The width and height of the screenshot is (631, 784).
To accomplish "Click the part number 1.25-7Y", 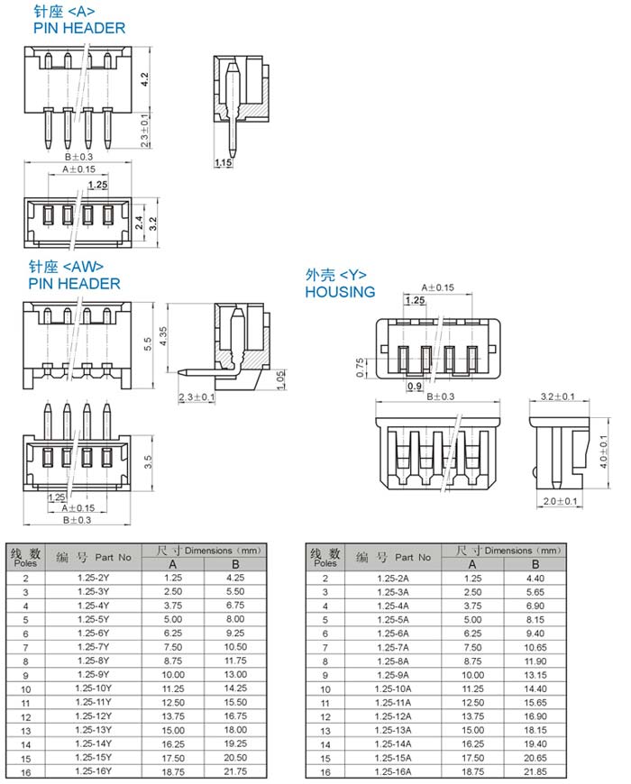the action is coord(94,646).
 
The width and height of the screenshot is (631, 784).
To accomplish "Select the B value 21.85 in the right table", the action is coord(535,771).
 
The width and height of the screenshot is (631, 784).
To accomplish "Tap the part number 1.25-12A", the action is coord(392,716).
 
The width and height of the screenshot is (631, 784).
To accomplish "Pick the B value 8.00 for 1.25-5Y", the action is coord(235,618).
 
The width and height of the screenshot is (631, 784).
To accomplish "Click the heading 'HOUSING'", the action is coord(340,292).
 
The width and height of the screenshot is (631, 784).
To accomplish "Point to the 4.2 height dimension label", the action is coord(144,79).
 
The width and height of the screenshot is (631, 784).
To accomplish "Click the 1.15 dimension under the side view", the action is coord(224,162).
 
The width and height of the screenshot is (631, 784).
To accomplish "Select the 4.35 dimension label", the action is coord(163,336).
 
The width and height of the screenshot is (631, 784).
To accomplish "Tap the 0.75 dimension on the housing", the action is coord(360,368).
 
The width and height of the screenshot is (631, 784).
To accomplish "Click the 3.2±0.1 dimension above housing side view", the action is coord(557,397).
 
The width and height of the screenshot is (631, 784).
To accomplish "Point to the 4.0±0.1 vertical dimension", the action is coord(603,451).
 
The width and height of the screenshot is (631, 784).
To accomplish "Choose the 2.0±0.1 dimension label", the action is coord(560,501).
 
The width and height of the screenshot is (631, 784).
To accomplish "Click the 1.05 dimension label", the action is coord(280,379).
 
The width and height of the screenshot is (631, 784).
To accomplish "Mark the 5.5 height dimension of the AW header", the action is coord(148,344).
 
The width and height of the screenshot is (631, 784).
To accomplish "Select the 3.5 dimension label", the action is coord(148,461).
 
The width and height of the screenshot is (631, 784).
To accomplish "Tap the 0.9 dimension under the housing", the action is coord(415,386).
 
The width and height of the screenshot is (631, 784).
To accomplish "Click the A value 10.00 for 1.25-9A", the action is coord(472,674).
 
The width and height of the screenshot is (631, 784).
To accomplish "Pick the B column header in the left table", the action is coord(235,564).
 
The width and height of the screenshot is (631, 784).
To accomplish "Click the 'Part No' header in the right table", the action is coord(413,557).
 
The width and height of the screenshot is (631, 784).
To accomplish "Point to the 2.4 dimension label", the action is coord(140,223).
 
